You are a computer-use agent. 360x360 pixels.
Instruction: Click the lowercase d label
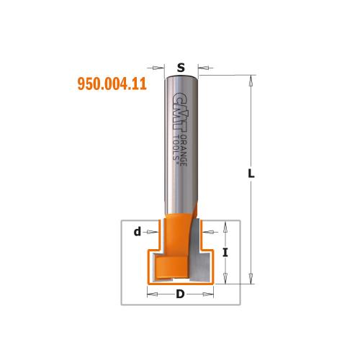138,231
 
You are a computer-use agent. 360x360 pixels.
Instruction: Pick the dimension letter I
226,252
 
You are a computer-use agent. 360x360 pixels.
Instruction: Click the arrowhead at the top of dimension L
251,79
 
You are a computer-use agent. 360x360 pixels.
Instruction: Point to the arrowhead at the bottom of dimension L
251,274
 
